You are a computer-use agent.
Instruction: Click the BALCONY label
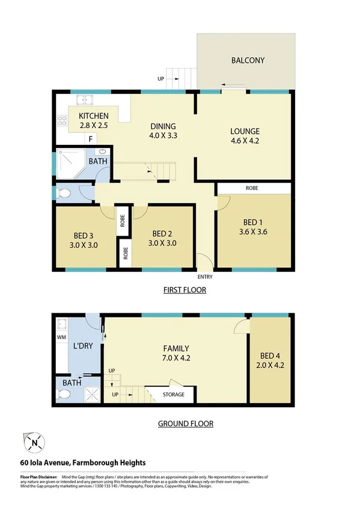(248, 60)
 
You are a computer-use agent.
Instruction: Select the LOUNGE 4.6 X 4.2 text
(245, 136)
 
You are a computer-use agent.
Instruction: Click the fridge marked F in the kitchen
(90, 139)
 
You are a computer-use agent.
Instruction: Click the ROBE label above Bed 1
(252, 188)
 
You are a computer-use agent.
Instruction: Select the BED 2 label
(163, 238)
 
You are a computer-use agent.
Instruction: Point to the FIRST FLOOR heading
(185, 290)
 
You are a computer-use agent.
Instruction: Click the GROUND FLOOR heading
(185, 423)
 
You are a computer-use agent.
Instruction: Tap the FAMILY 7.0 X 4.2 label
(177, 353)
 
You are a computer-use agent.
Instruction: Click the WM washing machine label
(61, 338)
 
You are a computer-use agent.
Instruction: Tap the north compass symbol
(35, 444)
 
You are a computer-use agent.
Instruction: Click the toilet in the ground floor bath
(64, 394)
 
